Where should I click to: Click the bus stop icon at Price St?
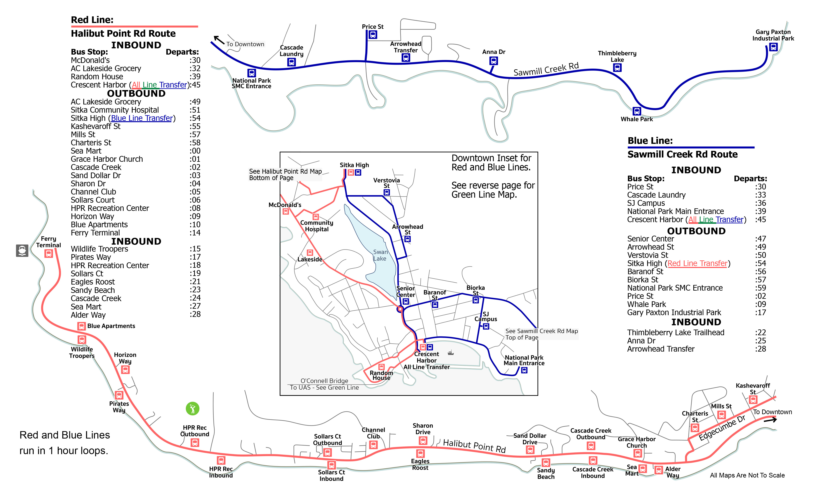373,34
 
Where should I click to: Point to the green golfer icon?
193,409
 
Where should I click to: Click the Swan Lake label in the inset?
380,255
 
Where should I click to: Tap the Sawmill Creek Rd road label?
546,69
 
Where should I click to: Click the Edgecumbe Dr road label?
722,428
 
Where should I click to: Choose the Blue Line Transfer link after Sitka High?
142,118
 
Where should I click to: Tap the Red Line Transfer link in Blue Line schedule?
697,264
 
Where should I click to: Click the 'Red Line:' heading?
92,20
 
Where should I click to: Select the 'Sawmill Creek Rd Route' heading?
683,155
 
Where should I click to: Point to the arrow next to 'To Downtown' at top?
219,40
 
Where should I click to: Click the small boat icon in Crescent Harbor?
450,353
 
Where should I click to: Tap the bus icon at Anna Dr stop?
494,61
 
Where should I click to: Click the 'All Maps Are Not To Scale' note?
747,475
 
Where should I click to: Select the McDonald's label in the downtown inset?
285,205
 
